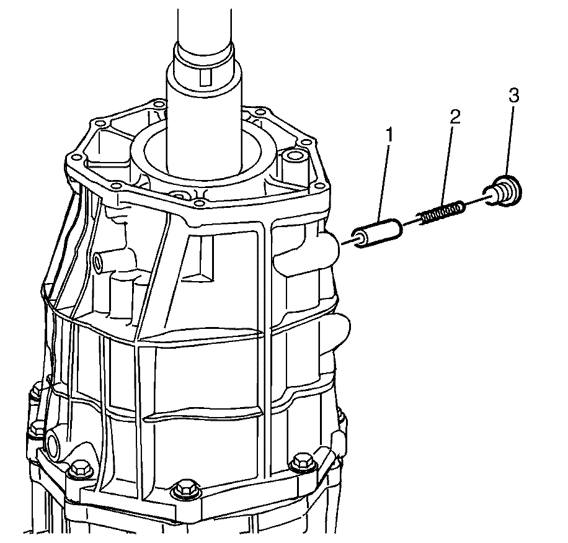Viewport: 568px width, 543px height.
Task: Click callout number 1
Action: pos(389,135)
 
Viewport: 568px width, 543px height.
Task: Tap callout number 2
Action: pos(455,117)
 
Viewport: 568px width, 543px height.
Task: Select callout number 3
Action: pos(513,96)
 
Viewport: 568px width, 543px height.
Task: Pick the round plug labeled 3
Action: pos(505,191)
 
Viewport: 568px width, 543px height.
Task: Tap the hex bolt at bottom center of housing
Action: pos(185,488)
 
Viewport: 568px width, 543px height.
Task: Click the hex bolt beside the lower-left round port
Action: pos(79,470)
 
